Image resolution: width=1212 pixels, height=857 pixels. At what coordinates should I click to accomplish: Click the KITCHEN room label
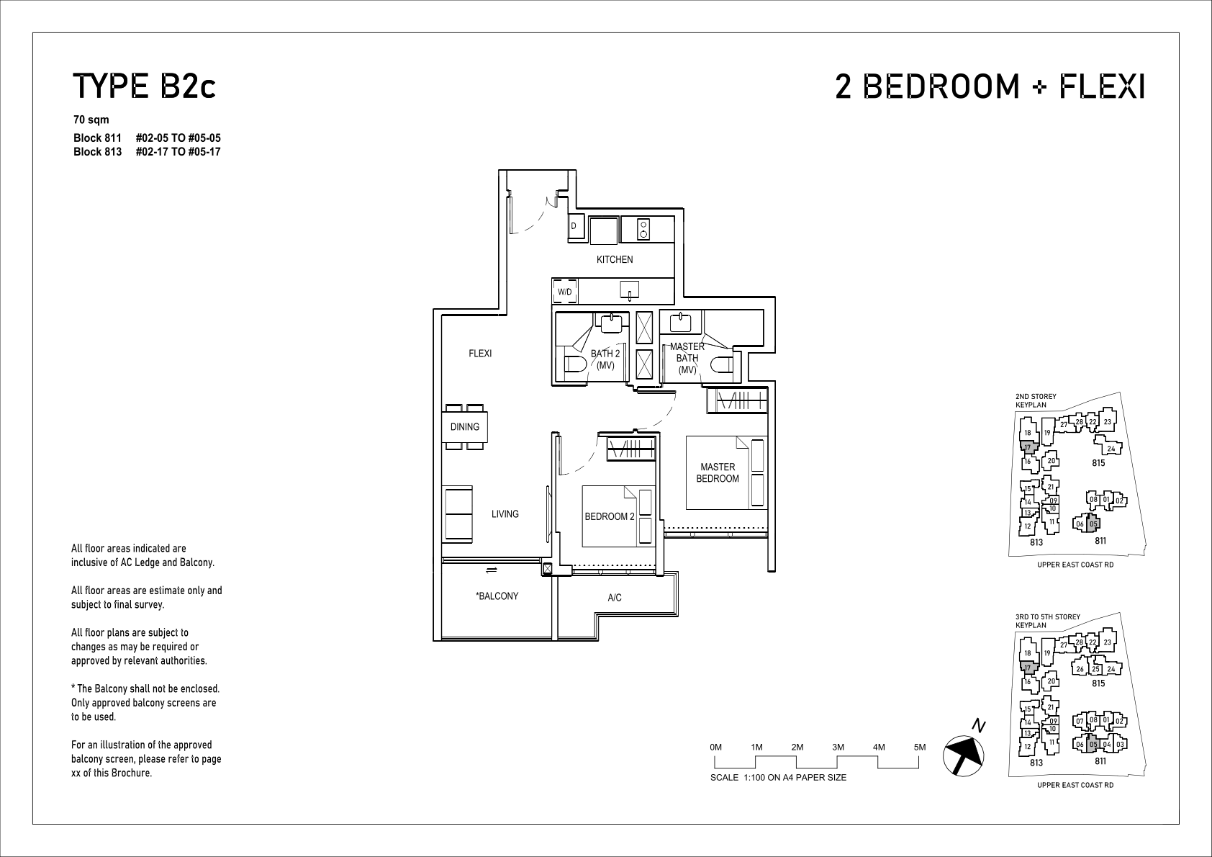614,260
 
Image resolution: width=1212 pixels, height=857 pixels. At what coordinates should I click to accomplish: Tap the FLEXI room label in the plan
480,354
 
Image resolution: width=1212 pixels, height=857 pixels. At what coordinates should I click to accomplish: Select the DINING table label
465,426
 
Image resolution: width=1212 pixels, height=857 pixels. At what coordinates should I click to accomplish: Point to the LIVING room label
505,513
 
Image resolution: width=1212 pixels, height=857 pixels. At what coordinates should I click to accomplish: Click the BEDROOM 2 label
610,516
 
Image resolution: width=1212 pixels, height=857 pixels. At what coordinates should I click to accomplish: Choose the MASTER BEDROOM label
718,472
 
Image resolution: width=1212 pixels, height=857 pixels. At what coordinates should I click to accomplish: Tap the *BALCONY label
497,596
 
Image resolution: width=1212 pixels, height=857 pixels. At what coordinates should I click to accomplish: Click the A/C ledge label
614,598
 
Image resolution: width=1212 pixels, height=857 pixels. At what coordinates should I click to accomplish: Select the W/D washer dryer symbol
565,292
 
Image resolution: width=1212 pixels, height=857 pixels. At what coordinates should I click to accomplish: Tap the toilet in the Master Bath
721,364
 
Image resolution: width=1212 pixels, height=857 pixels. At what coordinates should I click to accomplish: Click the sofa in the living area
458,514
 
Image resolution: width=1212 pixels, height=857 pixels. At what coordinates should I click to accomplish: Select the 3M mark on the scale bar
838,747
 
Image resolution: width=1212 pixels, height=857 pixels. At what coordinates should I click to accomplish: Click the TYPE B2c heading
145,86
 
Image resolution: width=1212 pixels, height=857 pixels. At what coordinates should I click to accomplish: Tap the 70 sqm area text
91,120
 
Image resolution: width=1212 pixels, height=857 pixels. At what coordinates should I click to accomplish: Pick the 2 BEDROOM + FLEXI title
990,86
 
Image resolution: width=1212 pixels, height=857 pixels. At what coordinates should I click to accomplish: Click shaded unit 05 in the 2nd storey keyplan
1093,524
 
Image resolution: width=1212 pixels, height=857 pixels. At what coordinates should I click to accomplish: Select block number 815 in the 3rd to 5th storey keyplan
1098,683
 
